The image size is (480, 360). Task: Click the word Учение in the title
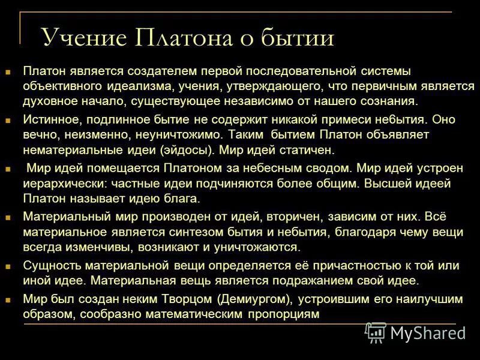coord(84,38)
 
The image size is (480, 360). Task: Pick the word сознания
coord(381,101)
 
